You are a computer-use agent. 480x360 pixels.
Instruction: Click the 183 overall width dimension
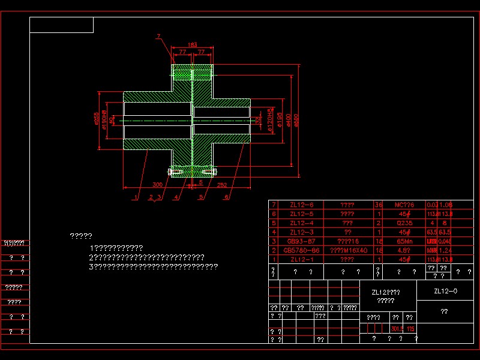[x=193, y=45]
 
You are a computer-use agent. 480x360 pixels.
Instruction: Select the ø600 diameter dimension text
[x=296, y=120]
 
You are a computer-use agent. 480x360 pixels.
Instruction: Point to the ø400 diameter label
[x=288, y=121]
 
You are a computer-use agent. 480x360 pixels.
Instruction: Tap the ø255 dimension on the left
[x=97, y=118]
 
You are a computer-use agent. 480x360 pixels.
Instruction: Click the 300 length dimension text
[x=157, y=185]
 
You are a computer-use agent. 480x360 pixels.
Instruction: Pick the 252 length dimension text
[x=222, y=185]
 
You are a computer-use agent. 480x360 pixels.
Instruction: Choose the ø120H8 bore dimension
[x=271, y=121]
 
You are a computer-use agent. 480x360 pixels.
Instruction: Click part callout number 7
[x=158, y=37]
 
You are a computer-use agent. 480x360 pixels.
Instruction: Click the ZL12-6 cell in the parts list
[x=301, y=205]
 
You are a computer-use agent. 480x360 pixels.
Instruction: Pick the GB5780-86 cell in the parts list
[x=301, y=250]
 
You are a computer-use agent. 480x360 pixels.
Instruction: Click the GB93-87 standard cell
[x=301, y=241]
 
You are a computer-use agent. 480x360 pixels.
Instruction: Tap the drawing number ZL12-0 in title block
[x=445, y=291]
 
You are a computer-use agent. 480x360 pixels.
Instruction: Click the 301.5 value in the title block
[x=397, y=329]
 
